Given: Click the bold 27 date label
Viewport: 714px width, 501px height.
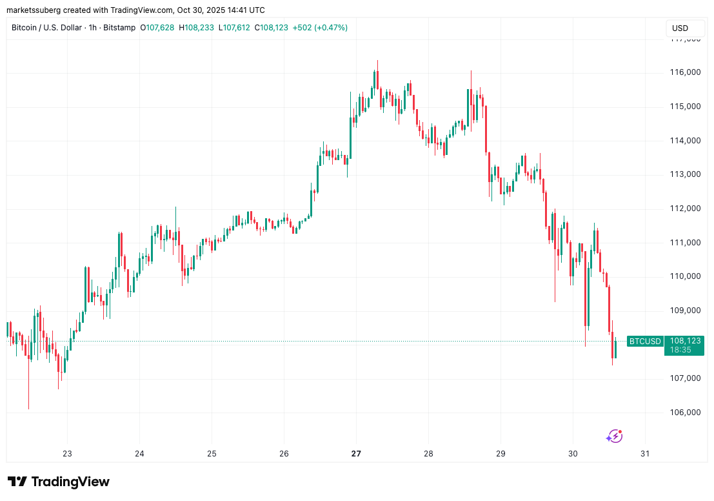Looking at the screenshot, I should pyautogui.click(x=356, y=454).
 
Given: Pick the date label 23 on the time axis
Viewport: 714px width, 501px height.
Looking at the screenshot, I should pyautogui.click(x=67, y=454).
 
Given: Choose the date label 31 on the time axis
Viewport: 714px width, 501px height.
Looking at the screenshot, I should pyautogui.click(x=645, y=454).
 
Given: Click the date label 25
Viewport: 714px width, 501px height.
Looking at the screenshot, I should pyautogui.click(x=212, y=454).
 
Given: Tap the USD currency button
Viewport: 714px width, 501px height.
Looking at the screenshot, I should pyautogui.click(x=680, y=28).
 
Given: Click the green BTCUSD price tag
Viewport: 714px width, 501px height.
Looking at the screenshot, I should pyautogui.click(x=645, y=341).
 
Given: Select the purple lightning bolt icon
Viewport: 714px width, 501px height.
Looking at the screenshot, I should pyautogui.click(x=614, y=436).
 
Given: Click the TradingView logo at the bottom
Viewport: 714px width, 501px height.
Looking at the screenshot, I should pyautogui.click(x=59, y=482).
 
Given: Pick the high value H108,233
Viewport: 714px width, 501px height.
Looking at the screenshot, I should pyautogui.click(x=197, y=28).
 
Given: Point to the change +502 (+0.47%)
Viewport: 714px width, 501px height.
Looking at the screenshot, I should pyautogui.click(x=320, y=28).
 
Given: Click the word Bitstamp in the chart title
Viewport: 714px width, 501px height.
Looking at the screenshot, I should pyautogui.click(x=120, y=28).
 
